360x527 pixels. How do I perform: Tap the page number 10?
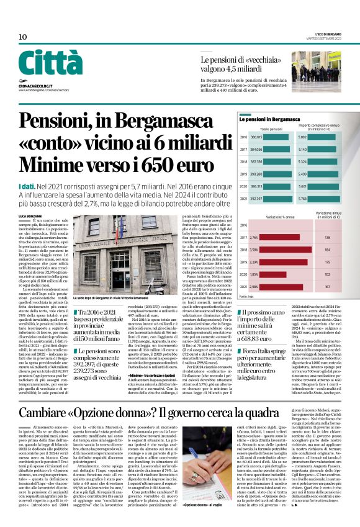pos(22,37)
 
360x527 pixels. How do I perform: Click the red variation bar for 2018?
pos(261,250)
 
